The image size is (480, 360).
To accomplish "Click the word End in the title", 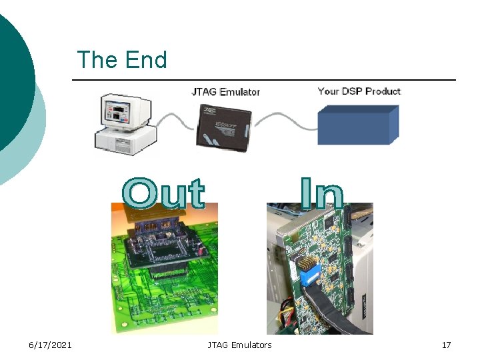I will (x=145, y=60).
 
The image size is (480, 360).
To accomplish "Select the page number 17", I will (x=446, y=345).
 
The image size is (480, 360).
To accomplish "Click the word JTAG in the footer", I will (x=218, y=345).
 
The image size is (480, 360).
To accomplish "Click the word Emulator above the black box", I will (x=239, y=92).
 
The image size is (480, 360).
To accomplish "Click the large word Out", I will (x=164, y=193).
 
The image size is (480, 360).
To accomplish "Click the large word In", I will (x=321, y=193).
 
